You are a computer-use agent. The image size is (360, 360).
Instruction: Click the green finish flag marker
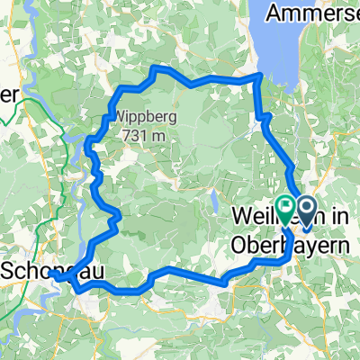coord(285,208)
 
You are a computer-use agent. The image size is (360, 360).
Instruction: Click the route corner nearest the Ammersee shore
coord(260,76)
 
